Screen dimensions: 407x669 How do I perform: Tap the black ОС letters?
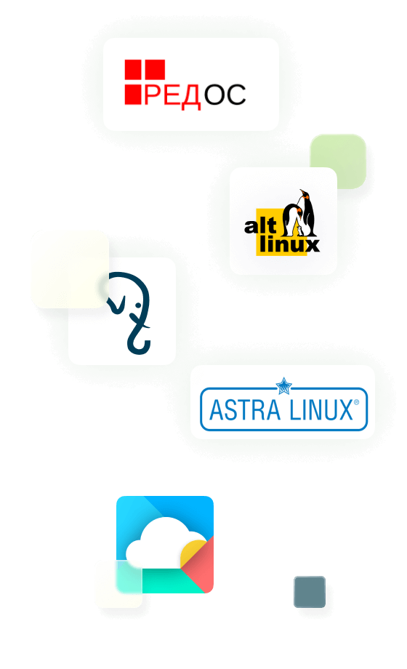[x=225, y=95]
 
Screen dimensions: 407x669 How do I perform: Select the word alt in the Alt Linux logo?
[x=260, y=225]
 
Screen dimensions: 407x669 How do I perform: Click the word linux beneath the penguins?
[x=289, y=244]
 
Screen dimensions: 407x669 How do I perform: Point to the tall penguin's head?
[x=305, y=194]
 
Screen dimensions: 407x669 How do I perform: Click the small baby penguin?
[x=299, y=231]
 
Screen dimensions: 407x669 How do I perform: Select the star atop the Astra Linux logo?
[x=283, y=386]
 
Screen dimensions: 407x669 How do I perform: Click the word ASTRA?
[x=244, y=410]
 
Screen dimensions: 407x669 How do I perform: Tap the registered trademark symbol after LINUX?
[x=357, y=402]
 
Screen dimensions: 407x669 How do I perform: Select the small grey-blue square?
[x=310, y=592]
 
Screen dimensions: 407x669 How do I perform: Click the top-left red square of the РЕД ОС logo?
[x=133, y=69]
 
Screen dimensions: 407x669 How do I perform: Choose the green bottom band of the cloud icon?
[x=171, y=580]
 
